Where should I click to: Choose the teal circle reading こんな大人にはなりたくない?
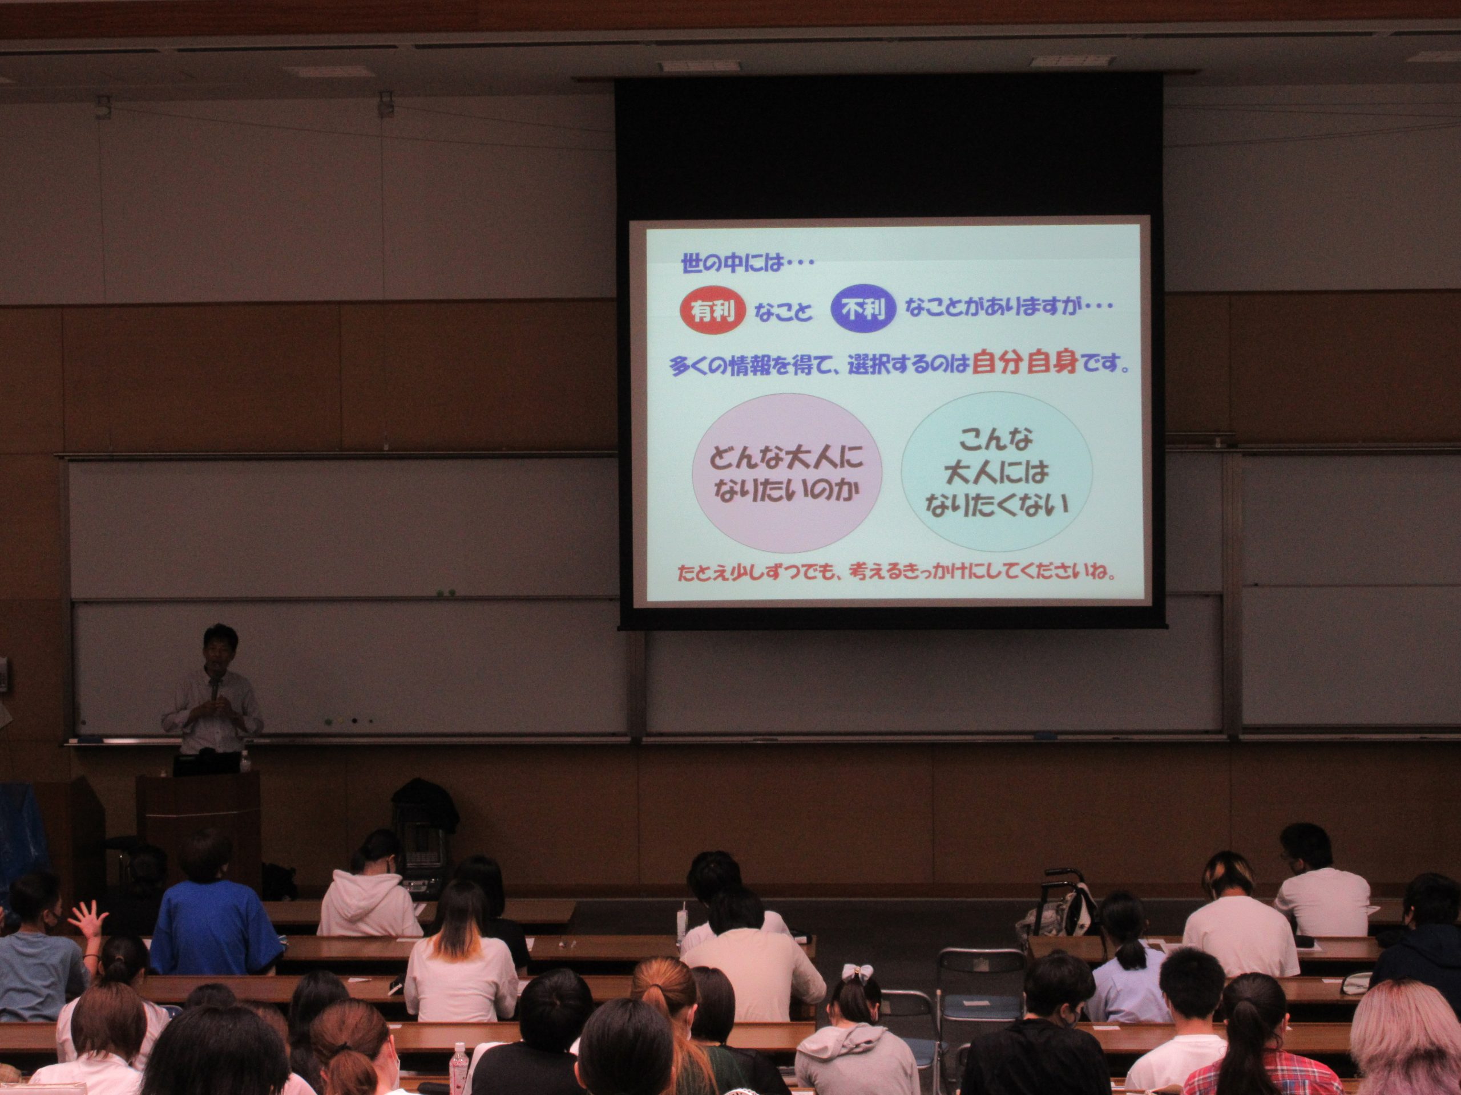pyautogui.click(x=996, y=471)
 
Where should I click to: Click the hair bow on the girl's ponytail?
pyautogui.click(x=857, y=972)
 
